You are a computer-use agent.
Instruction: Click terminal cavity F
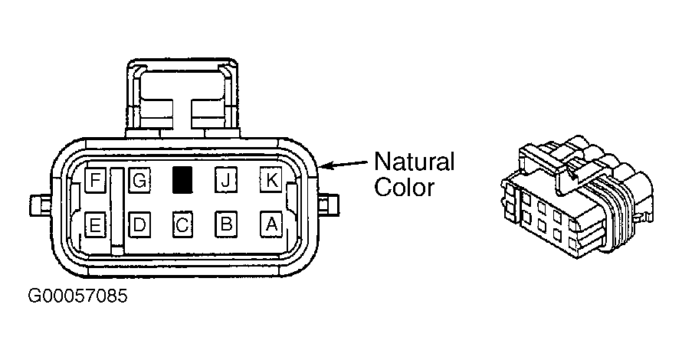[x=95, y=179]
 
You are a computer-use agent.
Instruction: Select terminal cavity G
[x=139, y=180]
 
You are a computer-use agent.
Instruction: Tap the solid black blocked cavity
[x=182, y=180]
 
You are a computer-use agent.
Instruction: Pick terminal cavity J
[x=226, y=180]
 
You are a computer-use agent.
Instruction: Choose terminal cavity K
[x=271, y=179]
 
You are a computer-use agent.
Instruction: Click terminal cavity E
[x=95, y=224]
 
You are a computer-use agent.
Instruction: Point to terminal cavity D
[x=139, y=224]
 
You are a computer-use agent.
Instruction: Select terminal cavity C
[x=182, y=224]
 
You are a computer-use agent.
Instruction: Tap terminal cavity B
[x=226, y=224]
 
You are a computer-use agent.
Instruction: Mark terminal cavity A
[x=271, y=224]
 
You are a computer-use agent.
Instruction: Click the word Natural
[x=414, y=162]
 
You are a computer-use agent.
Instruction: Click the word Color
[x=405, y=188]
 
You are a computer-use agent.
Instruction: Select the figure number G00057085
[x=78, y=296]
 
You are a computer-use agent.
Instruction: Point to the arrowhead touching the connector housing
[x=326, y=166]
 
